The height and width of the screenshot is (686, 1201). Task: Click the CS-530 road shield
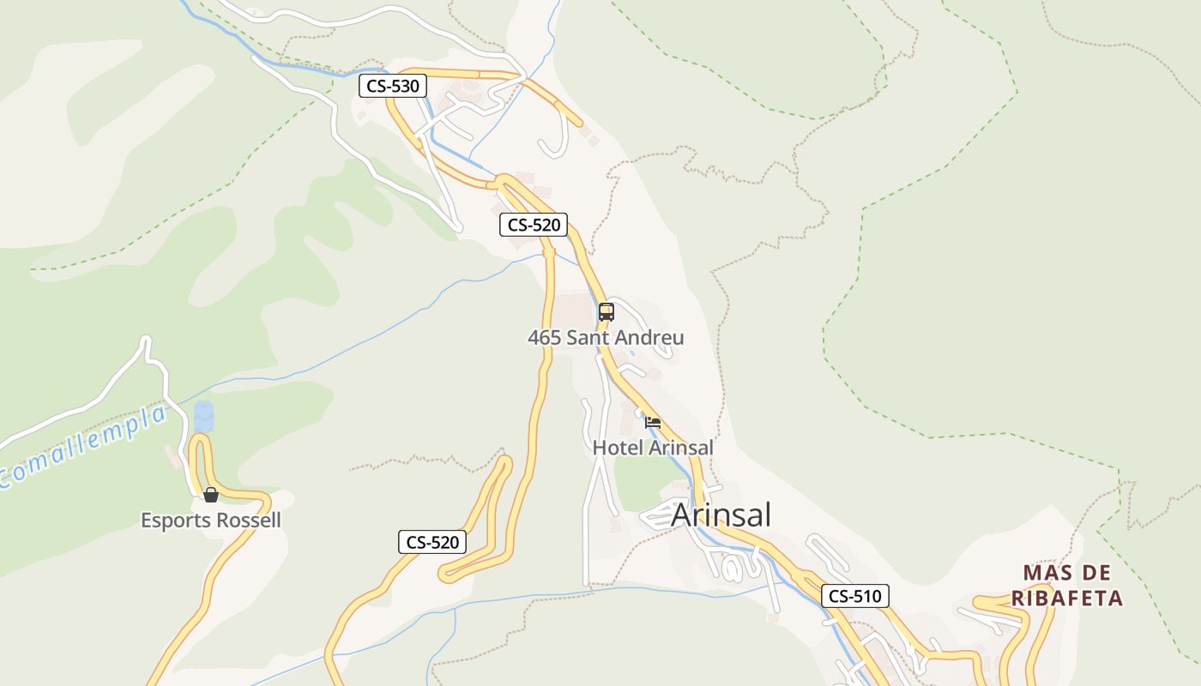pos(393,86)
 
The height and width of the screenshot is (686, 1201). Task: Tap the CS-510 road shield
pos(854,596)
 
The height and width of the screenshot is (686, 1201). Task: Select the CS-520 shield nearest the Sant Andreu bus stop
pos(534,225)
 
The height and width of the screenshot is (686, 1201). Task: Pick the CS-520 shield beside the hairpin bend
pos(433,542)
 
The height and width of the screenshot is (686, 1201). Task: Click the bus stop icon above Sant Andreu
pos(607,312)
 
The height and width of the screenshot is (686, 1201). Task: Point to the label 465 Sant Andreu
pos(606,338)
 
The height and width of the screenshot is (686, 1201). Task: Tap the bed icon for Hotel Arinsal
pos(653,422)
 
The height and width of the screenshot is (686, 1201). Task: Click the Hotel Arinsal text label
pos(653,448)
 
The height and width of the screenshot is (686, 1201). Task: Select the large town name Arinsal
pos(721,514)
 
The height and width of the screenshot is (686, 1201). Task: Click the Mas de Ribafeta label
pos(1066,586)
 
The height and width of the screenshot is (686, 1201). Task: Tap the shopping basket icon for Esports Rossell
pos(211,495)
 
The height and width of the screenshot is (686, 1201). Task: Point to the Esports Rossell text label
pos(211,521)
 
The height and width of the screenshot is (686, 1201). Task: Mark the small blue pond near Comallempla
pos(204,417)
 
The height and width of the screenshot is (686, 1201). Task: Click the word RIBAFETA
pos(1066,599)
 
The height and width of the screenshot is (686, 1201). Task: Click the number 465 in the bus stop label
pos(544,338)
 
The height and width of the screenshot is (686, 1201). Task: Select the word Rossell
pos(250,521)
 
